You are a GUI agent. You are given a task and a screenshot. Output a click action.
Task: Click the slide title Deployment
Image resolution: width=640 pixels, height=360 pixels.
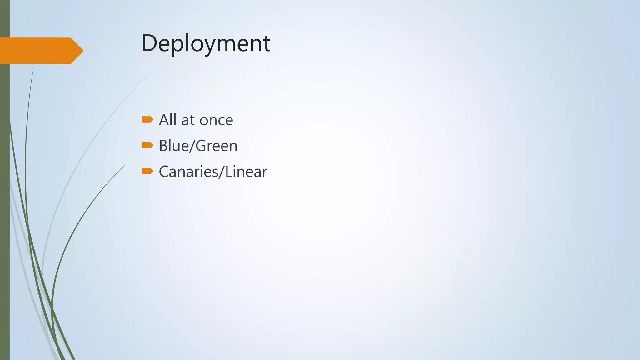206,43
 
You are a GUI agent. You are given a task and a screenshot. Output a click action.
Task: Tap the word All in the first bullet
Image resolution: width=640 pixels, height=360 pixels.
168,120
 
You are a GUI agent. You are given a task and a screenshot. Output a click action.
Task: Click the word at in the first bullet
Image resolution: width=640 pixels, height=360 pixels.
188,120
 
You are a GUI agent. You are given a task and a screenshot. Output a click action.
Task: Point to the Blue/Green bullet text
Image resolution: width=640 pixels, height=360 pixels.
198,146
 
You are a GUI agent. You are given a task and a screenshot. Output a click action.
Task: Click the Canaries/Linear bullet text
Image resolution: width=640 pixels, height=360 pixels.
213,172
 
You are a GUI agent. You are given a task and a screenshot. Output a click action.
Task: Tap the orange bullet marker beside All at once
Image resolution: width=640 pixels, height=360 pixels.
147,119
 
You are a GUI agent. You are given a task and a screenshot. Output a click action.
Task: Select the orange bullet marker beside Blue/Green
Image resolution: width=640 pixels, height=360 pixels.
147,145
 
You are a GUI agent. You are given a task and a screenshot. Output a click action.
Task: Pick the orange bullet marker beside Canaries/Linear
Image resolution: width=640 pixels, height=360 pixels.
147,171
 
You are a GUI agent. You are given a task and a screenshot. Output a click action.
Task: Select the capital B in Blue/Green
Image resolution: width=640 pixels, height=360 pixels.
163,146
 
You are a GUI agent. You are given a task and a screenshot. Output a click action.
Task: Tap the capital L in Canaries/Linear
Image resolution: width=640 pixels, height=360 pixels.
228,172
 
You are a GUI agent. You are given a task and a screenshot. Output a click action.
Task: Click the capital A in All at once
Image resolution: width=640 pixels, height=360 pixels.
164,120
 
